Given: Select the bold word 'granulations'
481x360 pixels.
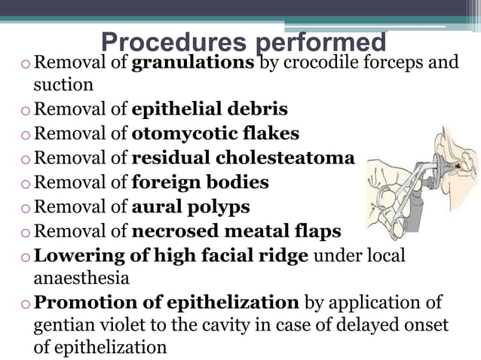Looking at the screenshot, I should pyautogui.click(x=192, y=61).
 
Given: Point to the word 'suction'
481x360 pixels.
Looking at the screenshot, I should pyautogui.click(x=63, y=84).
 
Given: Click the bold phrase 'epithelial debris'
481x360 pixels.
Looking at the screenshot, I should pyautogui.click(x=209, y=109).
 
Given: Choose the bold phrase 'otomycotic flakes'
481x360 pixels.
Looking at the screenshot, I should pyautogui.click(x=215, y=133).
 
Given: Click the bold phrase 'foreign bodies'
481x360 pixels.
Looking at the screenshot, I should pyautogui.click(x=200, y=182).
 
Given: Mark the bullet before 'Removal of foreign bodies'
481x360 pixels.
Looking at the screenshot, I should pyautogui.click(x=26, y=183).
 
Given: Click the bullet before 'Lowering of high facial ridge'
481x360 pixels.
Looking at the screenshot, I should pyautogui.click(x=26, y=255).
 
